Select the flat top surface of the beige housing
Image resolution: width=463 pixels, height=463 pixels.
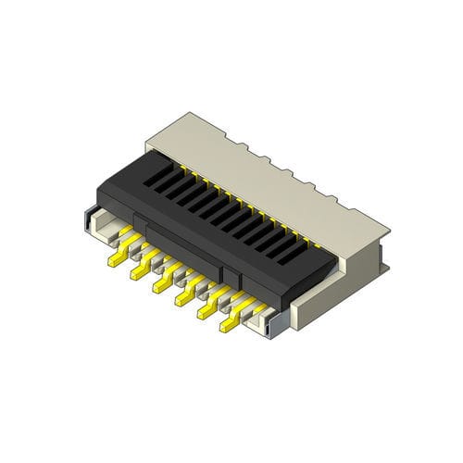(x=278, y=171)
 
